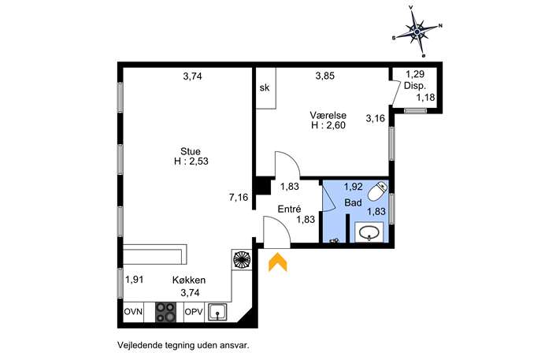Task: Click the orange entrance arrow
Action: (x=278, y=262)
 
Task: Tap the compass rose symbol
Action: (x=417, y=32)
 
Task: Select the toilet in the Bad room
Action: (x=377, y=191)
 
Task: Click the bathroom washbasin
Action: (x=369, y=232)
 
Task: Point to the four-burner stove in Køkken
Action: (x=166, y=312)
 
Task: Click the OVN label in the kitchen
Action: (x=133, y=312)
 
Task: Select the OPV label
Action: (x=194, y=312)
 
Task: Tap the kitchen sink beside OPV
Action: (x=217, y=312)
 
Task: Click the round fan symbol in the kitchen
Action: (x=242, y=259)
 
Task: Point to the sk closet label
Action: (x=265, y=87)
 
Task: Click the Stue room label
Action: (x=191, y=151)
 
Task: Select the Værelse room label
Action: (x=328, y=115)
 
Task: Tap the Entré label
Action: (x=289, y=209)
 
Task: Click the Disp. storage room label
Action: (x=415, y=86)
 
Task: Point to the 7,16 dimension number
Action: (x=239, y=198)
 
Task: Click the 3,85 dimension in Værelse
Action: (x=325, y=76)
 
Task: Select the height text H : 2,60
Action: (x=328, y=125)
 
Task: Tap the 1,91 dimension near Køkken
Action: (x=134, y=280)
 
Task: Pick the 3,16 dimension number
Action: (x=375, y=118)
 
